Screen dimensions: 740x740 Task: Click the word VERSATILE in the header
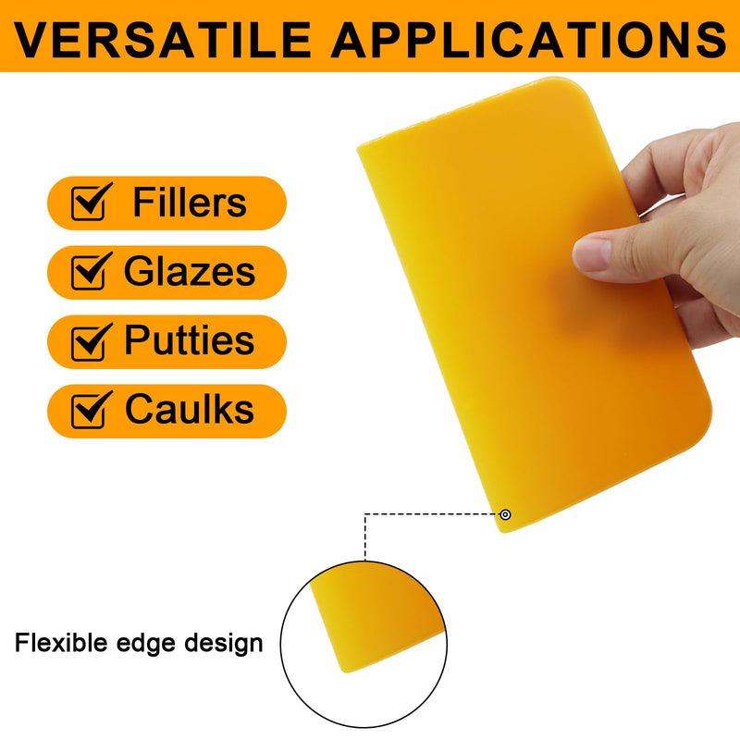(x=163, y=40)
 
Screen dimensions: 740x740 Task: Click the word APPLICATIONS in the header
(x=529, y=40)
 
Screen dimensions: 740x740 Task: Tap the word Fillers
(x=190, y=202)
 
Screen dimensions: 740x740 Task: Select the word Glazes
(x=190, y=271)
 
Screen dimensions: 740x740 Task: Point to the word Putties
(x=190, y=339)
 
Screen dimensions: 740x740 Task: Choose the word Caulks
(x=190, y=409)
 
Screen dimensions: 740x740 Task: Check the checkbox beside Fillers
(x=91, y=202)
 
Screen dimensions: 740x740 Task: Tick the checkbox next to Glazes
(x=91, y=271)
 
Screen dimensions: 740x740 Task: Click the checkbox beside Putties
(x=91, y=340)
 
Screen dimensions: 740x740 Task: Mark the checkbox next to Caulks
(x=91, y=410)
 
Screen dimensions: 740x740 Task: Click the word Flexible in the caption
(x=61, y=642)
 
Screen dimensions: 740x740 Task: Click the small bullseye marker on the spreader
(x=505, y=514)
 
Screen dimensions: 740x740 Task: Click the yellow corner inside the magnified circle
(x=376, y=618)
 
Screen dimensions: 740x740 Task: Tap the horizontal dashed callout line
(x=431, y=514)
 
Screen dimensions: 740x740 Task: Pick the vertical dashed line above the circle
(x=364, y=537)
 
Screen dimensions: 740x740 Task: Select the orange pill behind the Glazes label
(x=166, y=272)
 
